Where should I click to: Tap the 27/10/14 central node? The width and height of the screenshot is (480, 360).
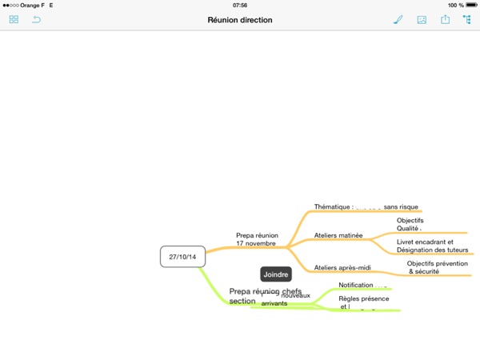click(182, 256)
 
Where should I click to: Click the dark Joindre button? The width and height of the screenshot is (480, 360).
click(275, 274)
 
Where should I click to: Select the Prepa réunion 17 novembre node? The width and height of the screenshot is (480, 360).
click(257, 239)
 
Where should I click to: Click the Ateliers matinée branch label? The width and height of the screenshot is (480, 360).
click(338, 236)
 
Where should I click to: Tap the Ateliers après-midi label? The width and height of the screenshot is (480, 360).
click(342, 267)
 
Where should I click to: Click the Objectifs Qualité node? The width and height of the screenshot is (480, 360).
click(410, 225)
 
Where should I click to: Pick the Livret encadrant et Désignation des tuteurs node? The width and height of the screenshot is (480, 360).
click(431, 246)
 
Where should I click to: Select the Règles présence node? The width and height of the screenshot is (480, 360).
click(364, 302)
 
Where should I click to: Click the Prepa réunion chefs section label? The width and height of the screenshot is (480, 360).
click(264, 296)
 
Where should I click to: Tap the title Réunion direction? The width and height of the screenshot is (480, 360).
click(240, 19)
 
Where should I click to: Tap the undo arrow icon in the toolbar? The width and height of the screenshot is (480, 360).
click(36, 19)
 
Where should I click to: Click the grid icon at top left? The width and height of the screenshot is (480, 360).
click(14, 19)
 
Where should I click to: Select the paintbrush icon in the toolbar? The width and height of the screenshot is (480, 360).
click(398, 19)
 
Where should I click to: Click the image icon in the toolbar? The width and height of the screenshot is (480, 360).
click(422, 19)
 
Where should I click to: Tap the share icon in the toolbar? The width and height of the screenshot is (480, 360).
click(445, 19)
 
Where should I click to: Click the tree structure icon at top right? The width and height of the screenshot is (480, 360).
click(466, 19)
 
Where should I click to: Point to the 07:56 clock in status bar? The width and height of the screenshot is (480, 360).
click(240, 5)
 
